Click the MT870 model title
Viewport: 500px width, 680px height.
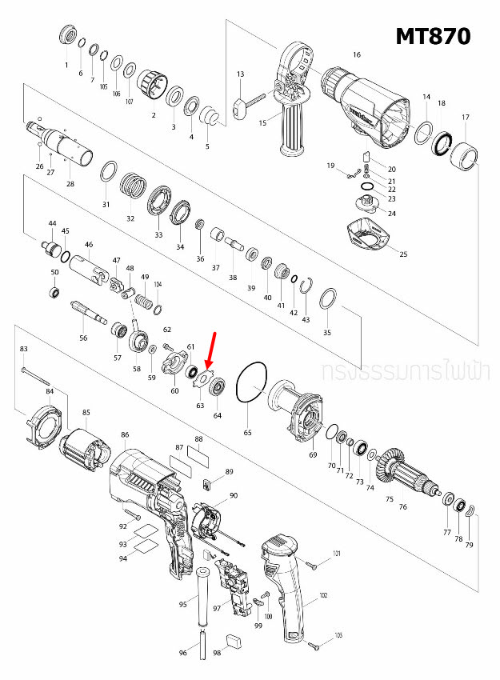[432, 36]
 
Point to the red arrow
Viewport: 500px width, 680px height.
[210, 350]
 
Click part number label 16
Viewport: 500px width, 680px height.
[357, 54]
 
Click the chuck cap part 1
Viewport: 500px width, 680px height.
[68, 37]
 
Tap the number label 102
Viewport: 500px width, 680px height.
[323, 595]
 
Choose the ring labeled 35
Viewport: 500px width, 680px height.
[327, 301]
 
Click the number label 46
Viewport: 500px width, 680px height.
[89, 245]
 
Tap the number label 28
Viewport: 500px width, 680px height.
[70, 184]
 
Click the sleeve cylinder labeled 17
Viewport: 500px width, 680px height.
[465, 154]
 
